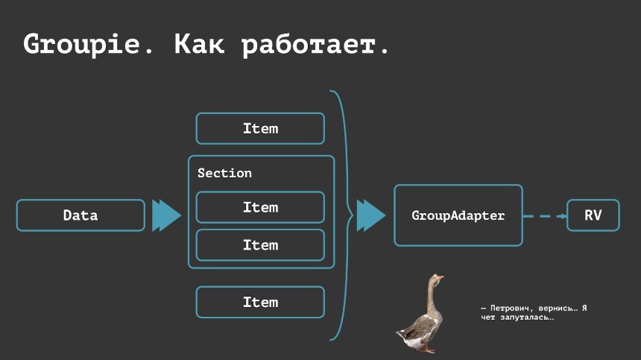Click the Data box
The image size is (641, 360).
click(80, 215)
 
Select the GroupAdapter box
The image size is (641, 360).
click(458, 215)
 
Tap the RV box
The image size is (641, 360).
click(593, 215)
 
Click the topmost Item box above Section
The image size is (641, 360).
click(260, 128)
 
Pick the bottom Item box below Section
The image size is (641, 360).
click(260, 302)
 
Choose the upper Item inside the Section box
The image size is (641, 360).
click(260, 207)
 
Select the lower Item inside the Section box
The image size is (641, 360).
click(260, 244)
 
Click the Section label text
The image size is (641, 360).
click(224, 173)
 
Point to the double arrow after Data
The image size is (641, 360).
click(166, 215)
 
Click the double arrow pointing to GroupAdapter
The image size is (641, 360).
click(370, 215)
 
